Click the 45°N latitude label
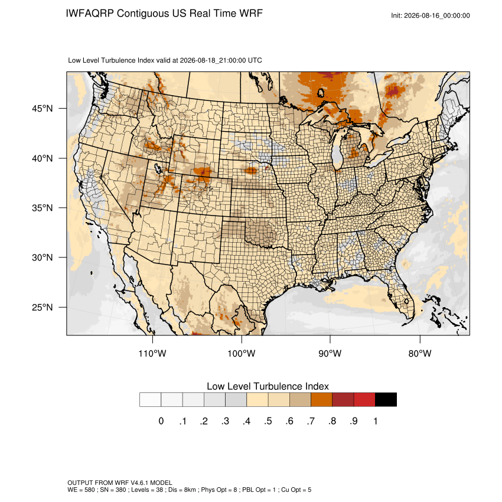click(x=43, y=109)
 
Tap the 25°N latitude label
click(x=43, y=307)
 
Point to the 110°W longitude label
click(x=152, y=353)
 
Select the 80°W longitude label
click(x=420, y=353)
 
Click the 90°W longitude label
click(x=330, y=353)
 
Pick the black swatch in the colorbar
click(x=386, y=400)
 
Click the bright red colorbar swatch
click(x=364, y=400)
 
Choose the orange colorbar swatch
click(x=321, y=400)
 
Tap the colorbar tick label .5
click(x=268, y=421)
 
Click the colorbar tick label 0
click(x=161, y=421)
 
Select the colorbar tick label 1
click(x=376, y=421)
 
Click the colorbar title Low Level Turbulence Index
click(x=268, y=386)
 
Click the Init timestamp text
click(x=431, y=15)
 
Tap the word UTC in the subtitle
click(x=255, y=60)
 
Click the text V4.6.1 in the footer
click(x=139, y=483)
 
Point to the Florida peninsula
click(x=401, y=295)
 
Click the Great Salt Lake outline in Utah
click(x=158, y=168)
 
